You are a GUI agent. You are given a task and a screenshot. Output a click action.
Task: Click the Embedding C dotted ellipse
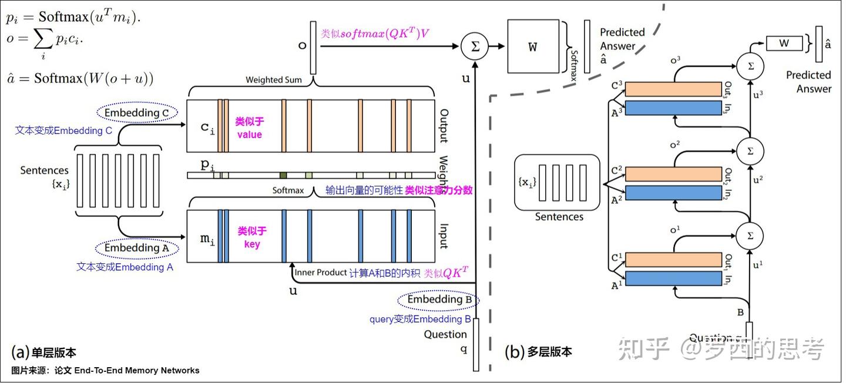click(x=136, y=113)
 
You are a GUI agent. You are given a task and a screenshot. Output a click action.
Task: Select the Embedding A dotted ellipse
click(x=136, y=248)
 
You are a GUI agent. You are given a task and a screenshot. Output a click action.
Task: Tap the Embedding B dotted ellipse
click(x=438, y=300)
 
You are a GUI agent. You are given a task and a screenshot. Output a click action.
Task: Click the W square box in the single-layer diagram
click(x=532, y=47)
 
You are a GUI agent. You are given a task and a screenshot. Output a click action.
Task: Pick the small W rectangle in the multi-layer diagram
click(x=784, y=43)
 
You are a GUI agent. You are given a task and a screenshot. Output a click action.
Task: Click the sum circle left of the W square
click(x=475, y=47)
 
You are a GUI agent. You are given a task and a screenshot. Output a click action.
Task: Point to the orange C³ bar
click(x=673, y=89)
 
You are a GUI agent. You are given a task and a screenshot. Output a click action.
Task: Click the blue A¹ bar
click(x=673, y=278)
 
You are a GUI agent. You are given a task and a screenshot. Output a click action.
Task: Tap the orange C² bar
click(x=673, y=174)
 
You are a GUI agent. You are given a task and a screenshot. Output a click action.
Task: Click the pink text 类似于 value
click(x=250, y=128)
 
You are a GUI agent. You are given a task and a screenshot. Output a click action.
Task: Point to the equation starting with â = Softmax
click(x=79, y=78)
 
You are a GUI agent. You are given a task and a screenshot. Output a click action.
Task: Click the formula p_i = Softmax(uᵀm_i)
click(x=73, y=18)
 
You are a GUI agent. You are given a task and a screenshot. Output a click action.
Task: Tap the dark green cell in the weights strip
click(x=283, y=175)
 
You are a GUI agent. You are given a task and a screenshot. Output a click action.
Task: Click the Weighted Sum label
click(x=274, y=80)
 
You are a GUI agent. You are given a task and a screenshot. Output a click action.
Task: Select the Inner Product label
click(x=320, y=273)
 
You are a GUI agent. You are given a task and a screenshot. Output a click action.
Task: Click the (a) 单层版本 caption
click(x=44, y=352)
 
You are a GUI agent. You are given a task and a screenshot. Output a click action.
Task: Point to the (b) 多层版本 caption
click(x=538, y=352)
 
